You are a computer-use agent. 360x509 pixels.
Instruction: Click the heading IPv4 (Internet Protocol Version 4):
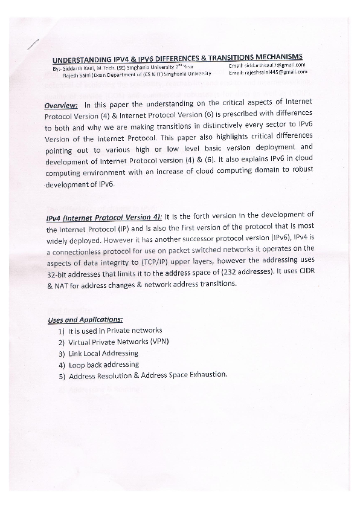(x=104, y=217)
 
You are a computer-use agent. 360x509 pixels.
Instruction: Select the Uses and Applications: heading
(x=85, y=320)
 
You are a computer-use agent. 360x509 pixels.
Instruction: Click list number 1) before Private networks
(x=62, y=331)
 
